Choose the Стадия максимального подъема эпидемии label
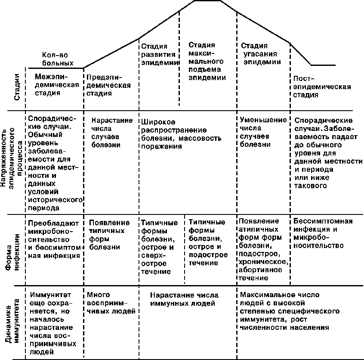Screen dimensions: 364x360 click(207, 61)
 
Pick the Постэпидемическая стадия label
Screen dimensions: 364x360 click(321, 87)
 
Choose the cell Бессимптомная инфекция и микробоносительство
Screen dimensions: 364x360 click(323, 233)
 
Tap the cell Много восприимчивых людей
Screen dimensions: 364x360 click(111, 303)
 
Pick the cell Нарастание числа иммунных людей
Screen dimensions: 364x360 click(185, 299)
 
